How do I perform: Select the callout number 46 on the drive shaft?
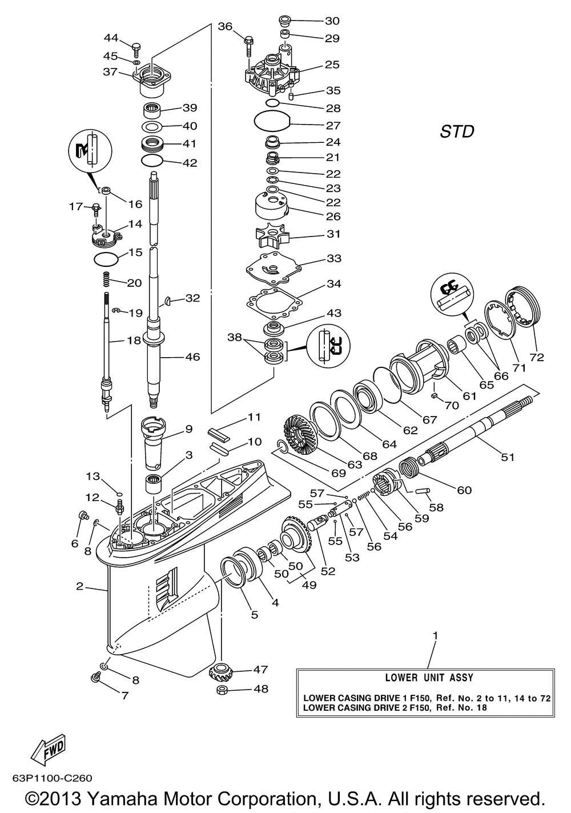click(x=192, y=357)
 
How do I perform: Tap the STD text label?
click(x=457, y=132)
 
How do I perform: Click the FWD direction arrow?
click(x=49, y=748)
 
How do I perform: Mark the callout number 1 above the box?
click(x=436, y=635)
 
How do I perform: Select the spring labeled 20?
click(x=106, y=281)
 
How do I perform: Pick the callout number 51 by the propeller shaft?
click(x=508, y=457)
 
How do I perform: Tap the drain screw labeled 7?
click(x=95, y=678)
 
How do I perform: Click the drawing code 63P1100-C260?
click(x=51, y=778)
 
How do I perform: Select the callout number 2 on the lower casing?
click(x=79, y=586)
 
